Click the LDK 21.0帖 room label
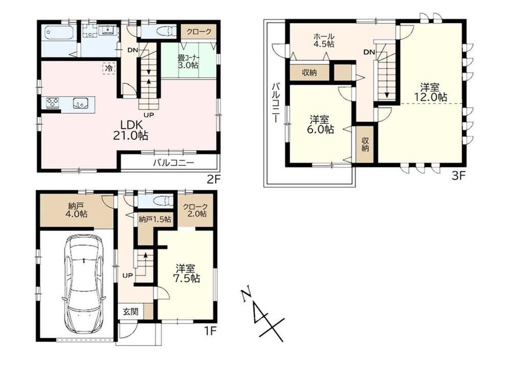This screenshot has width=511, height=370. (130, 130)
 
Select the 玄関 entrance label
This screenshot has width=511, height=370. (131, 312)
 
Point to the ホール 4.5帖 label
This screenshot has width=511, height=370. (323, 40)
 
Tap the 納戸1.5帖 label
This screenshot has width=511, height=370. (154, 219)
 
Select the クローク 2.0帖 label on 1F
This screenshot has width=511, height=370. (195, 210)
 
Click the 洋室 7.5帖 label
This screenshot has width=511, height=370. (187, 274)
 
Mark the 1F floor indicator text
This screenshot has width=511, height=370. (211, 331)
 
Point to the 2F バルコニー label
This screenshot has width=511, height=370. (174, 162)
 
